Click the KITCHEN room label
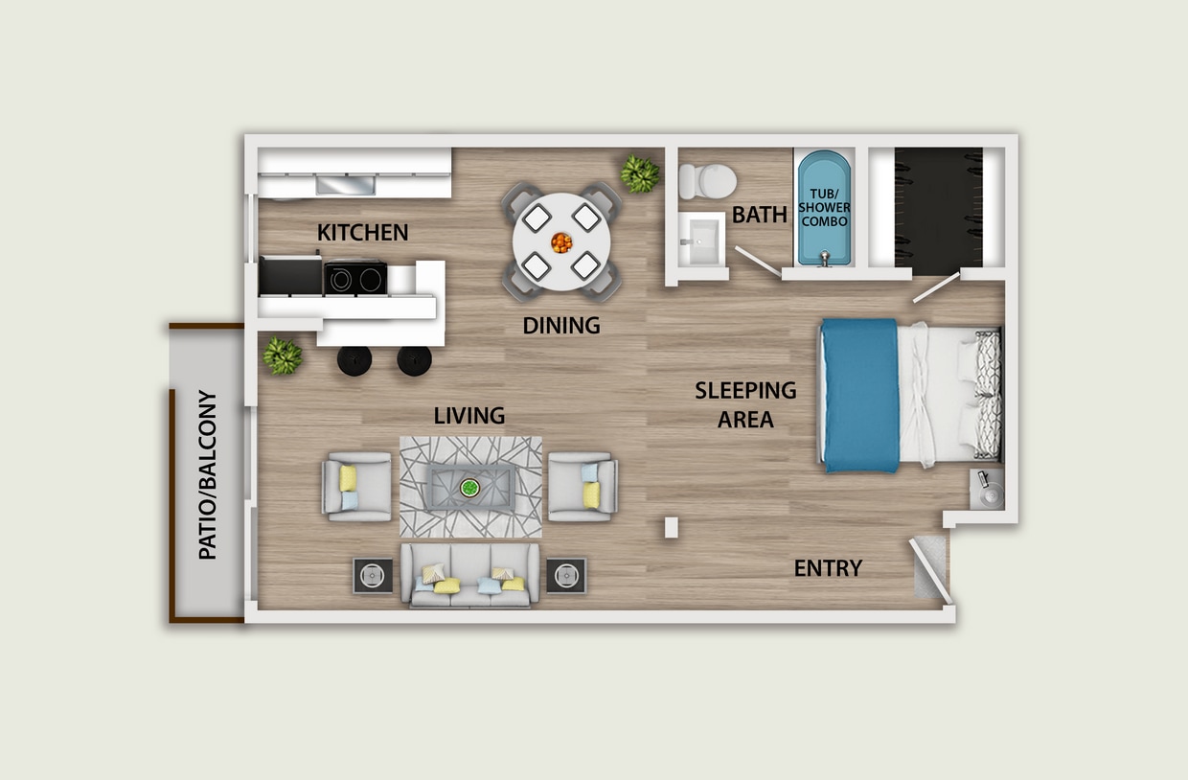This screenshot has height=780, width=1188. tap(362, 232)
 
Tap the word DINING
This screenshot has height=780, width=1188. tap(561, 326)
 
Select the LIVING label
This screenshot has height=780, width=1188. tap(468, 416)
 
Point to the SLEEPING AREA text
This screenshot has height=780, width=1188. tap(745, 404)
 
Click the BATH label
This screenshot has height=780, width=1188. tap(760, 215)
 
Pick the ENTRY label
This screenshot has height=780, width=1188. tap(828, 568)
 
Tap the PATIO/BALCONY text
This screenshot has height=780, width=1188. tap(208, 475)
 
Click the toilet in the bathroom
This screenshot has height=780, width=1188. tap(707, 179)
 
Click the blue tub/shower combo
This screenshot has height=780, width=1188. tap(824, 208)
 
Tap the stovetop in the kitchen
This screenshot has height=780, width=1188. tap(355, 278)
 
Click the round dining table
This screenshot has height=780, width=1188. tap(561, 241)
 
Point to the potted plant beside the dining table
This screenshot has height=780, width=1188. tap(639, 174)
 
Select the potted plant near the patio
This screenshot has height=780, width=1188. tap(283, 356)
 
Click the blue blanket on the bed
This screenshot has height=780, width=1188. tap(859, 395)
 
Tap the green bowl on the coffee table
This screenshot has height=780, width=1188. tap(470, 487)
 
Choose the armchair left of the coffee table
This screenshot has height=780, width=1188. tap(357, 486)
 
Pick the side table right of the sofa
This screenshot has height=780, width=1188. tap(566, 575)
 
